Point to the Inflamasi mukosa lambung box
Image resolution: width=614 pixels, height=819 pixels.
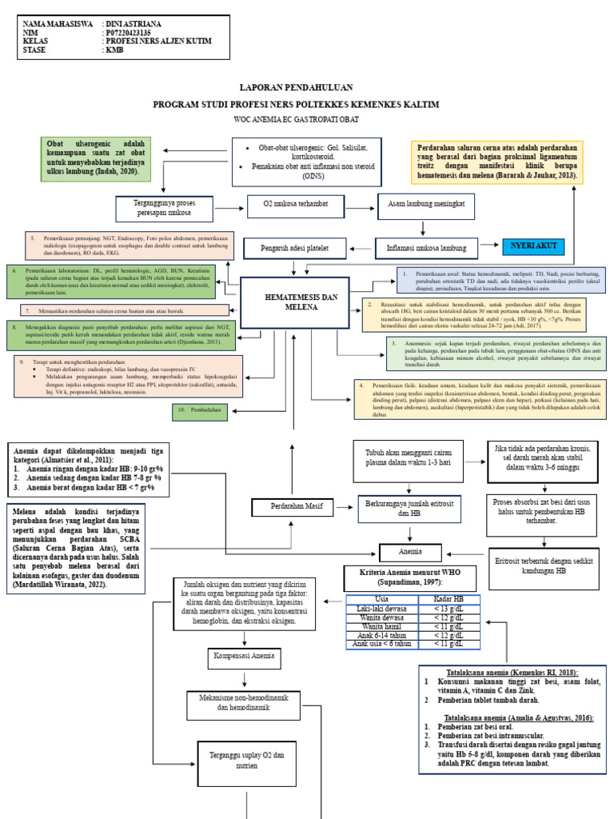tap(421, 247)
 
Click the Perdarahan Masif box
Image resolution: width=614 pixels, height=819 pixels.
tap(292, 508)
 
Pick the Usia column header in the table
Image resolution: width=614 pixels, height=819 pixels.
tap(383, 600)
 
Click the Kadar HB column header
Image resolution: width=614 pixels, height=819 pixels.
tap(449, 600)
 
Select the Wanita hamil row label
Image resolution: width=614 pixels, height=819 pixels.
tap(383, 625)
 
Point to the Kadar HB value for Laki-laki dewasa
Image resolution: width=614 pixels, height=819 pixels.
tap(449, 609)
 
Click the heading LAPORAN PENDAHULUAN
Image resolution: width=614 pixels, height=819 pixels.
tap(296, 87)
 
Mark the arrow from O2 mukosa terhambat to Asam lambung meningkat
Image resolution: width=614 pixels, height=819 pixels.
tap(361, 205)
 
